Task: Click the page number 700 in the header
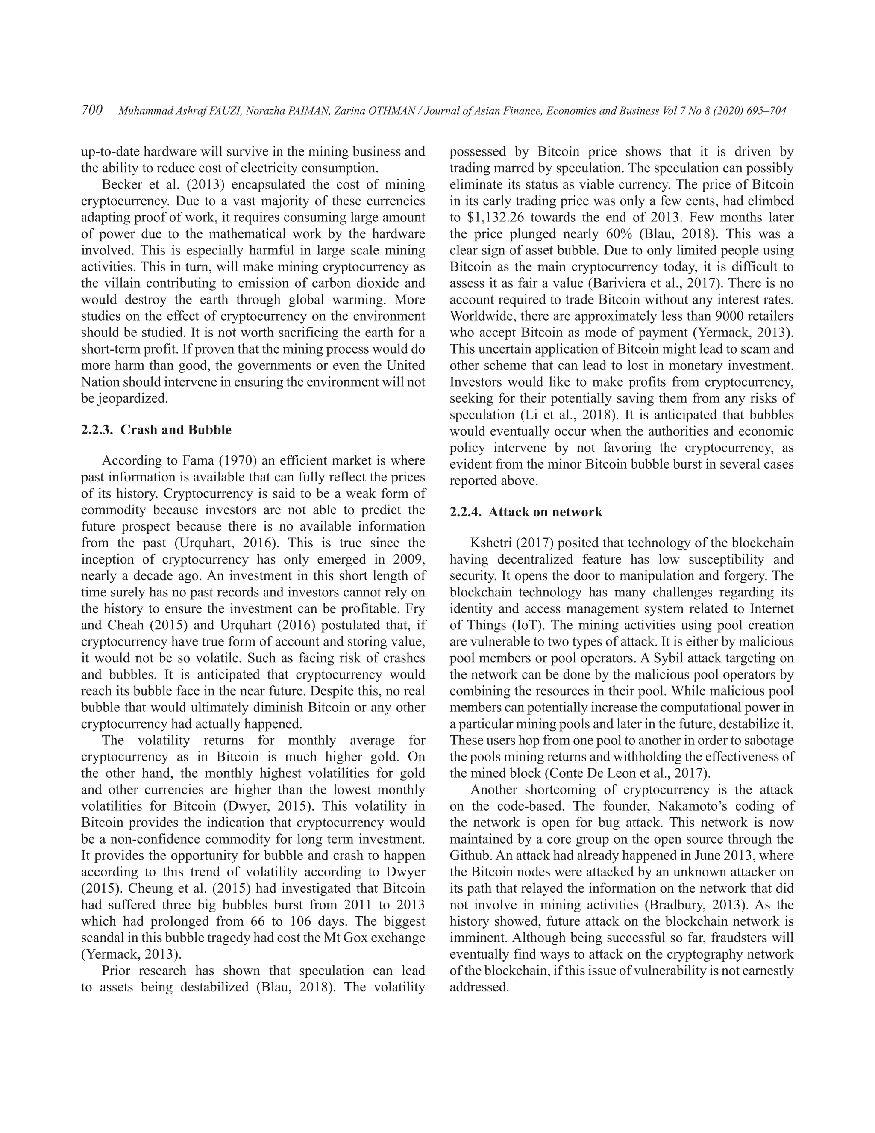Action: tap(92, 110)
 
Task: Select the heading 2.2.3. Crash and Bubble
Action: tap(156, 430)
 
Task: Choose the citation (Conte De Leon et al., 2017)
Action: tap(627, 773)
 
